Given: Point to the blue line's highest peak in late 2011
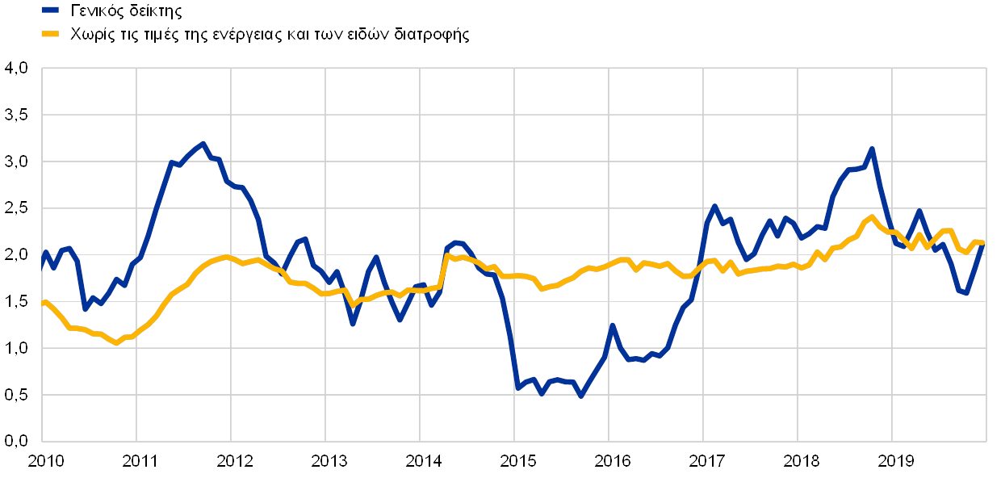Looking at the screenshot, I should pyautogui.click(x=203, y=144).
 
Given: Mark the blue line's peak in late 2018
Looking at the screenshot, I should pyautogui.click(x=872, y=149).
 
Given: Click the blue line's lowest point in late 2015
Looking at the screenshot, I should pyautogui.click(x=580, y=396).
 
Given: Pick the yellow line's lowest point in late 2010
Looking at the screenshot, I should pyautogui.click(x=117, y=343).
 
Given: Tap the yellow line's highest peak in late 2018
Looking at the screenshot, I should pyautogui.click(x=872, y=216).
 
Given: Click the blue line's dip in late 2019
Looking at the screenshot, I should pyautogui.click(x=966, y=294).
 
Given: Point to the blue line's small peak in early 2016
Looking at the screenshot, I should pyautogui.click(x=613, y=325).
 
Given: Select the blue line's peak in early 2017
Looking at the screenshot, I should pyautogui.click(x=714, y=207).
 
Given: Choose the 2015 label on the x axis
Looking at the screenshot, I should pyautogui.click(x=518, y=462).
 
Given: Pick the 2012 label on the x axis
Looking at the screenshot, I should pyautogui.click(x=235, y=462).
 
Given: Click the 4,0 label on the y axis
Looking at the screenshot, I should pyautogui.click(x=16, y=69).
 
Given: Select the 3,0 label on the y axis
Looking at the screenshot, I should pyautogui.click(x=16, y=162).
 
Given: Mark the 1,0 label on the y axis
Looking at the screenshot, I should pyautogui.click(x=16, y=349).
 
